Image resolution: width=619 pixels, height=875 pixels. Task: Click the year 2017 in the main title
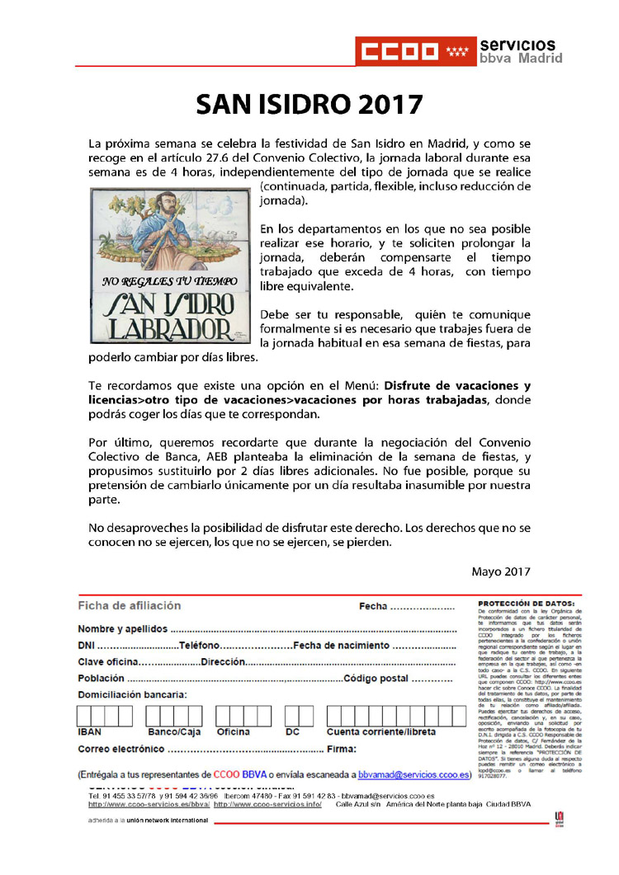pyautogui.click(x=385, y=105)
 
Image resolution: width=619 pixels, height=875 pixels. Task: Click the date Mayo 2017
pyautogui.click(x=501, y=571)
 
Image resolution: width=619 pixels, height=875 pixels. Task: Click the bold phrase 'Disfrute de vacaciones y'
pyautogui.click(x=458, y=385)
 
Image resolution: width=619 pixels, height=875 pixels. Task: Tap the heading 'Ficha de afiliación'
pyautogui.click(x=129, y=605)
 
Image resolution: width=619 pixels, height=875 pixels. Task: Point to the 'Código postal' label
pyautogui.click(x=376, y=678)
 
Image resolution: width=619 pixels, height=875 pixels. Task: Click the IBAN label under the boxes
pyautogui.click(x=90, y=732)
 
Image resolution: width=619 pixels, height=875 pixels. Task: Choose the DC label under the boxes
pyautogui.click(x=292, y=732)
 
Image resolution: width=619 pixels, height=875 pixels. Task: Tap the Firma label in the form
pyautogui.click(x=341, y=749)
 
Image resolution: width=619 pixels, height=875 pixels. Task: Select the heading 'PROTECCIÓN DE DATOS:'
pyautogui.click(x=522, y=604)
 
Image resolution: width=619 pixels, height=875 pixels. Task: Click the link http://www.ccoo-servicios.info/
pyautogui.click(x=267, y=804)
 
